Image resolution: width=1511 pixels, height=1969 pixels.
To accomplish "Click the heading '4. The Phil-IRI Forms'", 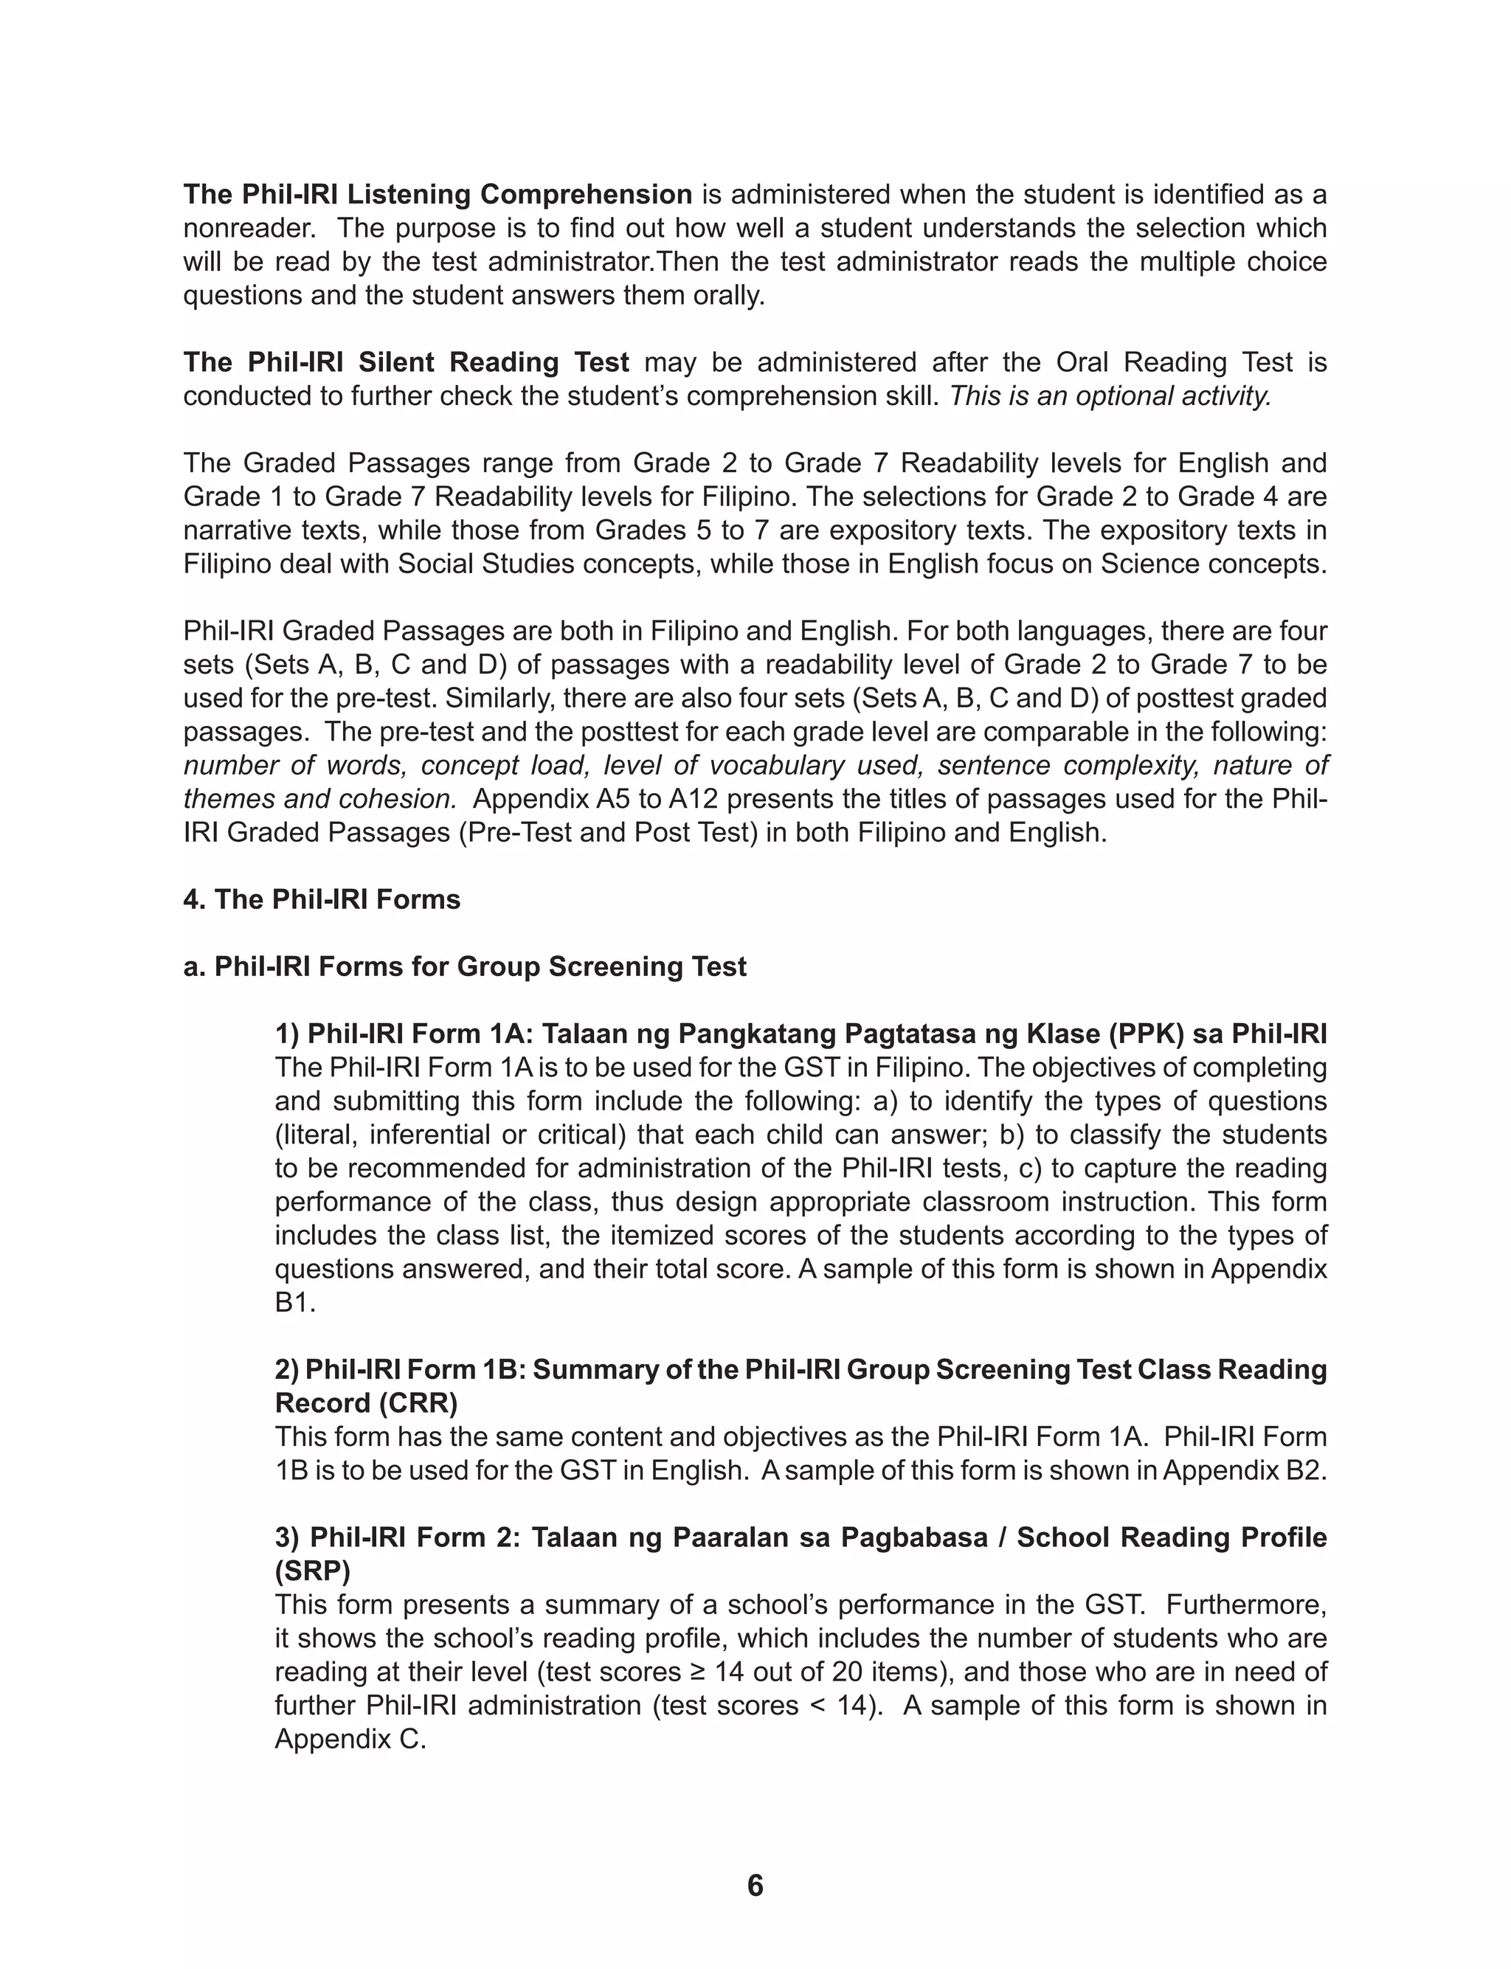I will [321, 899].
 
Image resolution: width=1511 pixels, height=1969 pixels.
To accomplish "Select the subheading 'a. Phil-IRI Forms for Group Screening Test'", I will [464, 966].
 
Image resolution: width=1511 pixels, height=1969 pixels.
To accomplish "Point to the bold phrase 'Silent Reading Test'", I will [493, 362].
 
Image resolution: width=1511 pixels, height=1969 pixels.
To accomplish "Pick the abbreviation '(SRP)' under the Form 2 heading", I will [312, 1571].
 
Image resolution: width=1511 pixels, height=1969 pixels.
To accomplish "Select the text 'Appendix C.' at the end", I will [350, 1739].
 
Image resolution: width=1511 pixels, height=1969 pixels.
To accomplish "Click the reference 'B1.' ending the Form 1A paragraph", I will [295, 1302].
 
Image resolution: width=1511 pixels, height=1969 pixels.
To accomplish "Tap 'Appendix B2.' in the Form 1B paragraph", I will [1244, 1470].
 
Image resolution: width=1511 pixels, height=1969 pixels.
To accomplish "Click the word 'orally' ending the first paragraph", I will [726, 295].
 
